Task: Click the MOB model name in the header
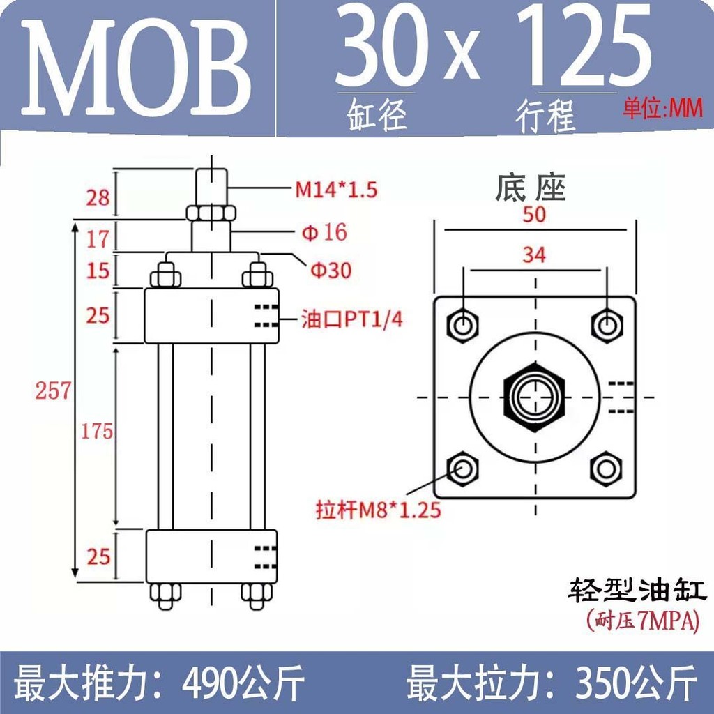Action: [x=136, y=67]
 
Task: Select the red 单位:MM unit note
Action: [x=662, y=109]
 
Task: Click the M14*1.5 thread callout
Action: [x=337, y=190]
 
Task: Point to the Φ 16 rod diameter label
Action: [x=324, y=232]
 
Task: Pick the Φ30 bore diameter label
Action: [x=331, y=270]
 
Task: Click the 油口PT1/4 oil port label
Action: [x=352, y=319]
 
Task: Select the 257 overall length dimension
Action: [x=53, y=390]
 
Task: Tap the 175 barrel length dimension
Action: [x=96, y=431]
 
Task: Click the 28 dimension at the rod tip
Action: [x=98, y=197]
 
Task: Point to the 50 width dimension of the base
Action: [x=533, y=214]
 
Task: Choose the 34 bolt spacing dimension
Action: [x=533, y=255]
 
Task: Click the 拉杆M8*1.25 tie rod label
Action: [x=379, y=510]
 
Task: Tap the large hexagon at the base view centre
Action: [x=535, y=397]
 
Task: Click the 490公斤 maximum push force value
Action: [x=243, y=682]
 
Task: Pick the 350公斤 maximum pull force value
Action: [x=636, y=682]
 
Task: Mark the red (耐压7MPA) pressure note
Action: [x=643, y=620]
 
